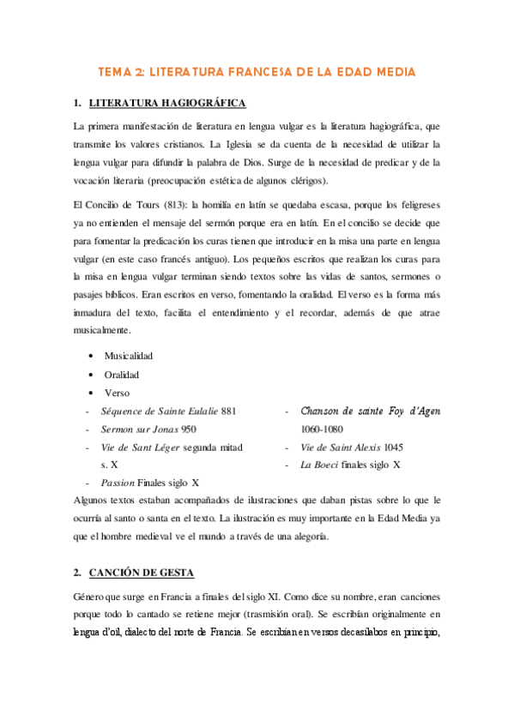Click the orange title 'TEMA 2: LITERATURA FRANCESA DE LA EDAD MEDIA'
257,72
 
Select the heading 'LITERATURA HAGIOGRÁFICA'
167,104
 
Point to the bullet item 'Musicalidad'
129,355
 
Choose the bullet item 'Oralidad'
122,375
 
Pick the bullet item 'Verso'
117,393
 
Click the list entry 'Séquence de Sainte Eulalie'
159,412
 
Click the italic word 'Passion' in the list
118,483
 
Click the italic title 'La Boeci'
317,465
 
